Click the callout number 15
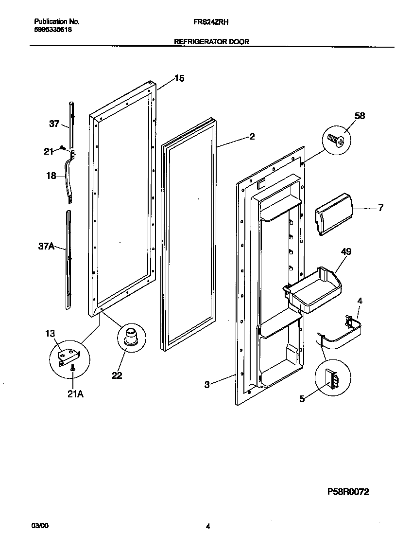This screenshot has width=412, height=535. (179, 78)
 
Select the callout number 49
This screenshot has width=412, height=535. (346, 251)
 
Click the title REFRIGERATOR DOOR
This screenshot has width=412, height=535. (212, 42)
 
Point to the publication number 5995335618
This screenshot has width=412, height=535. (53, 29)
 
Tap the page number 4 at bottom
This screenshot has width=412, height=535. (208, 526)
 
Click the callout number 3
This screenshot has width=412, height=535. (206, 385)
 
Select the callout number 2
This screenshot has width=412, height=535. (252, 137)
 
